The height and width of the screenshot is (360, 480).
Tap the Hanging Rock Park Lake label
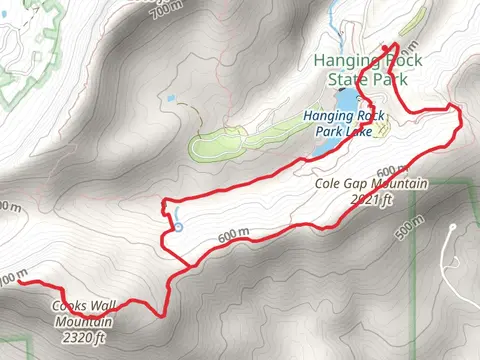(339, 121)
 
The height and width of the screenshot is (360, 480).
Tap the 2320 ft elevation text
(81, 337)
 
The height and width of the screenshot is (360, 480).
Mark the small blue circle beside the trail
(178, 228)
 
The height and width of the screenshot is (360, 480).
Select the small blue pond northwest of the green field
(171, 99)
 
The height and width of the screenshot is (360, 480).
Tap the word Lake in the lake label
(369, 129)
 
